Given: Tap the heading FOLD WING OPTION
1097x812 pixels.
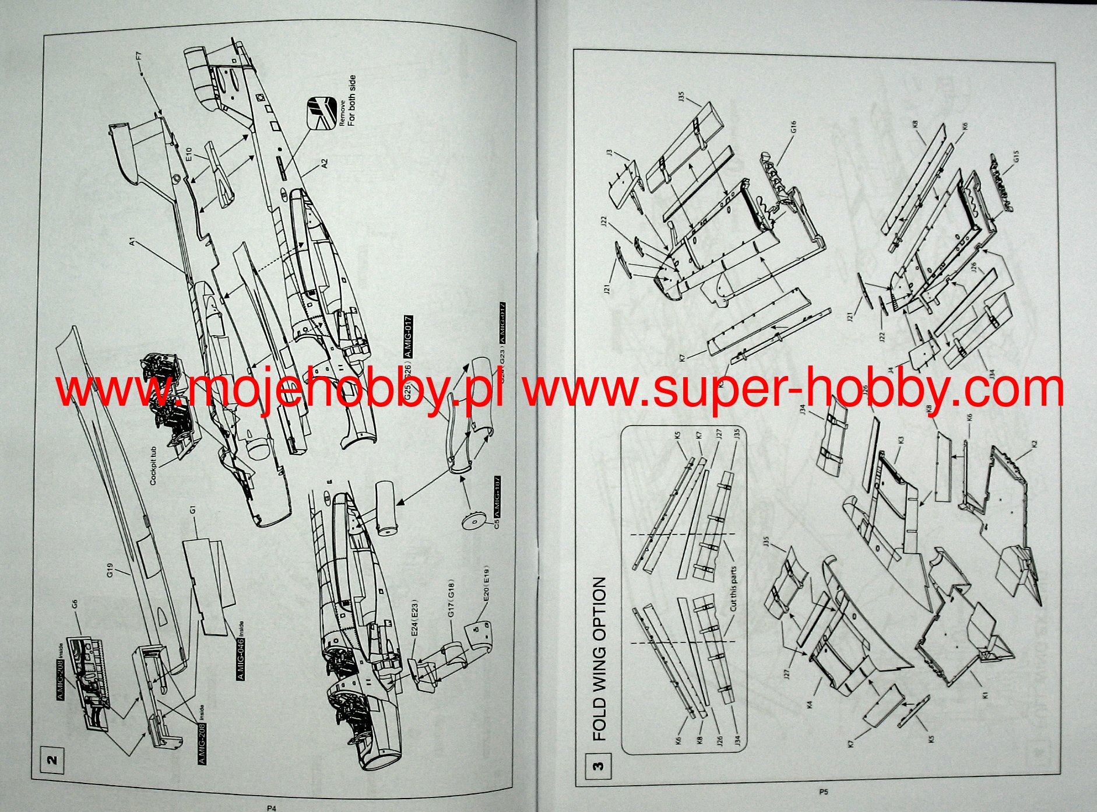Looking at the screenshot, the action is click(x=599, y=659).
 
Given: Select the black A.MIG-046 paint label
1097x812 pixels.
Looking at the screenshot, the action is click(x=241, y=656).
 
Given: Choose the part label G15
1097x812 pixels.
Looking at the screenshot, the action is click(x=1016, y=157).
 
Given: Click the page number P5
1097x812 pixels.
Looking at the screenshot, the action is click(x=823, y=792).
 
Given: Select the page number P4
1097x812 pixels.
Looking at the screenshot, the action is click(x=271, y=808).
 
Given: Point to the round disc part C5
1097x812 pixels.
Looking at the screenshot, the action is click(x=473, y=521).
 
